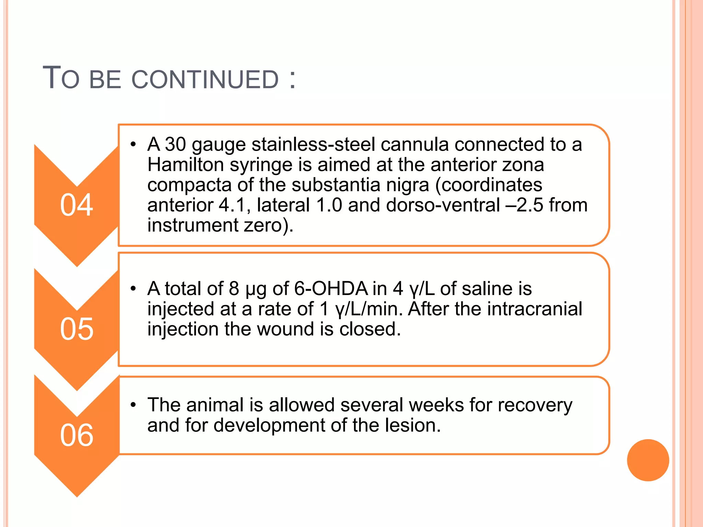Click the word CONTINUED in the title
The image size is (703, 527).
click(x=205, y=80)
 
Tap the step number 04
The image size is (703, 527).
click(x=77, y=205)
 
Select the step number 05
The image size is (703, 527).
click(x=77, y=329)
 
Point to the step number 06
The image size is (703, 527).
click(x=77, y=435)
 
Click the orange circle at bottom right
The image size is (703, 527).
click(x=648, y=460)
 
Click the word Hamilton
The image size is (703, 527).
click(x=185, y=165)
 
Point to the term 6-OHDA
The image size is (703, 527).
click(x=331, y=289)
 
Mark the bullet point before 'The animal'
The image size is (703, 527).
click(x=134, y=405)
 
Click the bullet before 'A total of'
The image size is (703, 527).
click(x=134, y=289)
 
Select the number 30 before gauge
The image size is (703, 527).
click(x=175, y=144)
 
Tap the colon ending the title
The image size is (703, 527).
click(x=292, y=80)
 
